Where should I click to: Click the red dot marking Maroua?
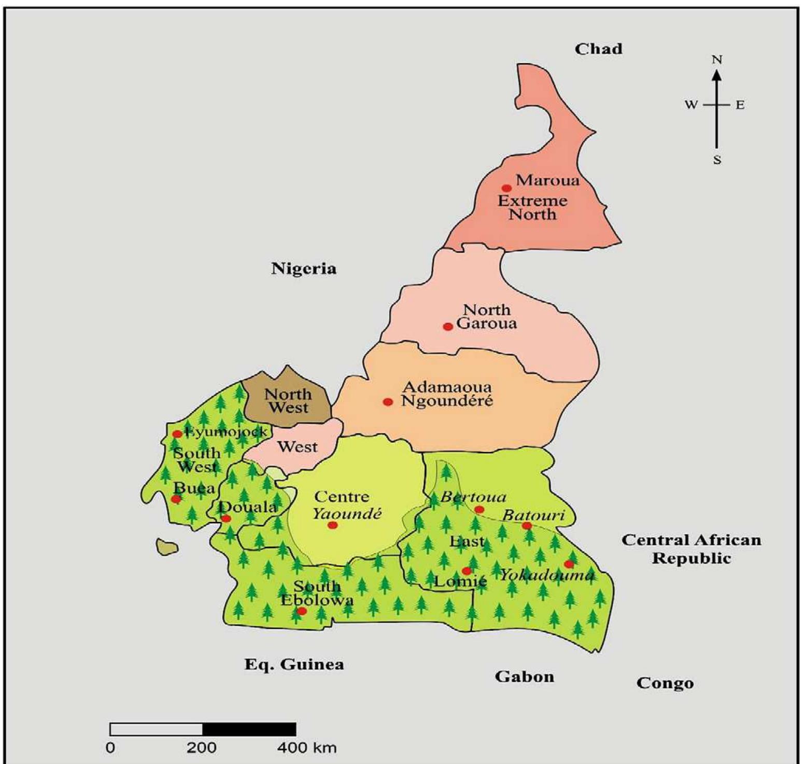[506, 188]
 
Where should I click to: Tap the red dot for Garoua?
[448, 326]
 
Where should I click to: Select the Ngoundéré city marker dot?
[388, 401]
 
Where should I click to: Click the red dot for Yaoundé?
[333, 525]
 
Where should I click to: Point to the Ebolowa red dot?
[302, 611]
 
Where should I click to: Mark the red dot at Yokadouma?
[569, 564]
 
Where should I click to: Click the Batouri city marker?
[527, 526]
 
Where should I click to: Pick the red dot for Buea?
[176, 499]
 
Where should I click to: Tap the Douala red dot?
[226, 518]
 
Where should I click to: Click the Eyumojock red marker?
[177, 434]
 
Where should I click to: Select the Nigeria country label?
[304, 268]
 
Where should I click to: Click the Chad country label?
[598, 49]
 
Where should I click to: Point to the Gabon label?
[524, 676]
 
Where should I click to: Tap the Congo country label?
[665, 683]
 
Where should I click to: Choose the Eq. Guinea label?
[294, 665]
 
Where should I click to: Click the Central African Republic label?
[691, 549]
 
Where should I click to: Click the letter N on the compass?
[717, 60]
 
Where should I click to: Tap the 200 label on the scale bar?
[202, 748]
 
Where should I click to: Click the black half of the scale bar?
[249, 729]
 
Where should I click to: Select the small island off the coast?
[167, 546]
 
